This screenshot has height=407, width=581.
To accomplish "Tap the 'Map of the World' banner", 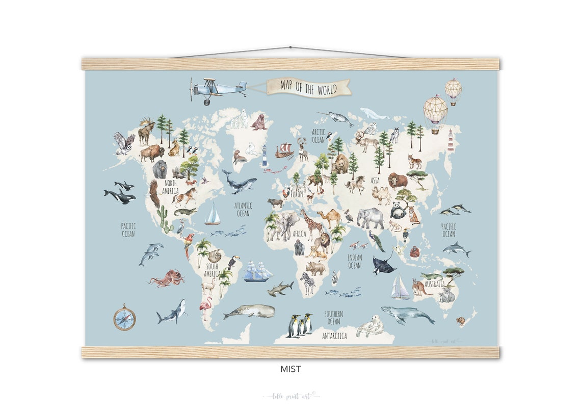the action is pos(308,88).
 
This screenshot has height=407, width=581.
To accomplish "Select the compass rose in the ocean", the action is pos(124,317).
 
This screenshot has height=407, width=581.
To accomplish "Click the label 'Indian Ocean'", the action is pos(354,262).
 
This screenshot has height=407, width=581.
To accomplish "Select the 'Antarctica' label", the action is pos(334,336).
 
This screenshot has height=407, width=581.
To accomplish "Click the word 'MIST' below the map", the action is pos(290,369).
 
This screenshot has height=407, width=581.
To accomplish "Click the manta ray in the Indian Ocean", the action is pos(383,265).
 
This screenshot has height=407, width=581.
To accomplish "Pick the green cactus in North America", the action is pos(163,218).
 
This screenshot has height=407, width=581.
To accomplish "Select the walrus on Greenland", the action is pos(259,122).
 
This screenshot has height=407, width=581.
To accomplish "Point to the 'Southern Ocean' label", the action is pos(333,317).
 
